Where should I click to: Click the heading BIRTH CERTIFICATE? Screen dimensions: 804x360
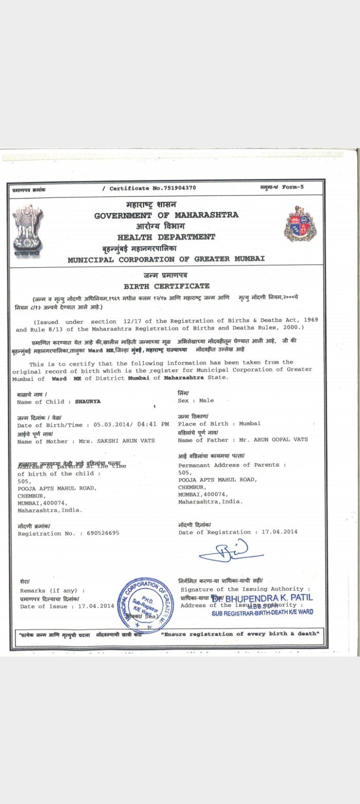167,286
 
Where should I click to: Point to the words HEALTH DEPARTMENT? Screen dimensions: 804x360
166,237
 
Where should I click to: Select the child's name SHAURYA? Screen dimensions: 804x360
88,402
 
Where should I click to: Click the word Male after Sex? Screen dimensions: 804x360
206,400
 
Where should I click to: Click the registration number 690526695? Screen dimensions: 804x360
103,533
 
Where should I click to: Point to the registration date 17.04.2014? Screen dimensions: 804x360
279,532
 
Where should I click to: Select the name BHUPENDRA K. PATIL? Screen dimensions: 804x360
269,598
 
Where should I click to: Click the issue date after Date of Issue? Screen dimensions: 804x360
96,606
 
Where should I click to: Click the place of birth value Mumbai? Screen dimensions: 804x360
249,423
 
